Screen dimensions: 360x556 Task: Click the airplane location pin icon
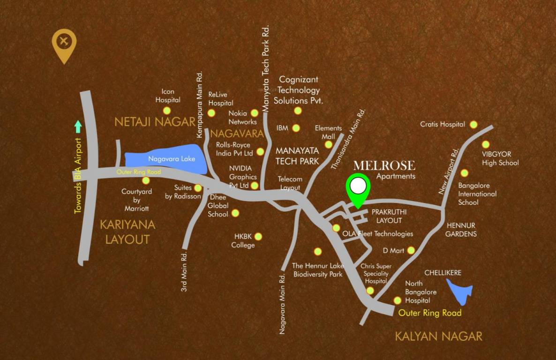64,44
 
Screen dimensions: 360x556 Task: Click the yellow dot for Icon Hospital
166,111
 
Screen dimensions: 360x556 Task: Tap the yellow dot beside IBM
296,127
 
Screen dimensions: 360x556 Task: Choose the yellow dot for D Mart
411,250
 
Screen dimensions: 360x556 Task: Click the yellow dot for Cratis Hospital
473,124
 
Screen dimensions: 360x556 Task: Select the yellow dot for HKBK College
258,237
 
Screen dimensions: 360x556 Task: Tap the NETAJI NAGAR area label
155,122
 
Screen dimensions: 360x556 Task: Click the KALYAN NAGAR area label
438,336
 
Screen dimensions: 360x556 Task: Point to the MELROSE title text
384,165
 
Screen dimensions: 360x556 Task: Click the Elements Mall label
328,132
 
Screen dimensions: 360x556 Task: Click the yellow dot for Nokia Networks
255,113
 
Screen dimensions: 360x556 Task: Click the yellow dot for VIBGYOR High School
486,144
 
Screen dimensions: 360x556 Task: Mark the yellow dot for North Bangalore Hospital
398,300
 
